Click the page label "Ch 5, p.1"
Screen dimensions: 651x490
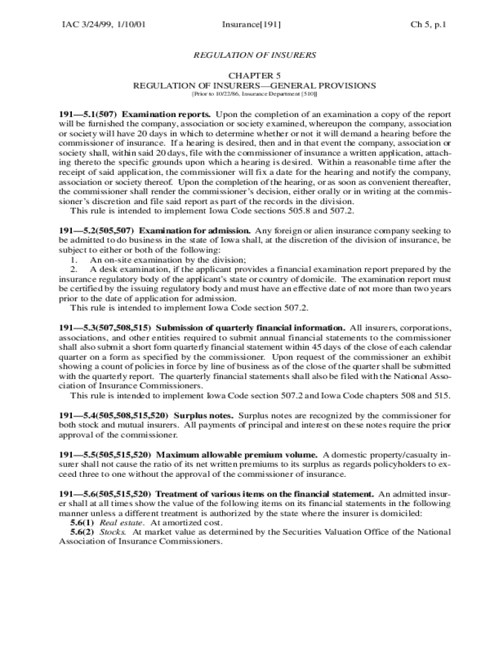(x=428, y=25)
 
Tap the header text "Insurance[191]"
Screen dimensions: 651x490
(x=251, y=25)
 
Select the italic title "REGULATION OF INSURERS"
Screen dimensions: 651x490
(x=254, y=55)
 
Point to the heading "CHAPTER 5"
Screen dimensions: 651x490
(x=254, y=75)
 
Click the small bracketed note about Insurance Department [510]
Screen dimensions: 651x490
(x=254, y=94)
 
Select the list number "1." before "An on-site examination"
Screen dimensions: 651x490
(x=74, y=259)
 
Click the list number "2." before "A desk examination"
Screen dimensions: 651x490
(x=74, y=269)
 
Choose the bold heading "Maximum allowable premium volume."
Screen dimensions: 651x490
(x=237, y=455)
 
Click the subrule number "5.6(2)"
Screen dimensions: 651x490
(x=82, y=532)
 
